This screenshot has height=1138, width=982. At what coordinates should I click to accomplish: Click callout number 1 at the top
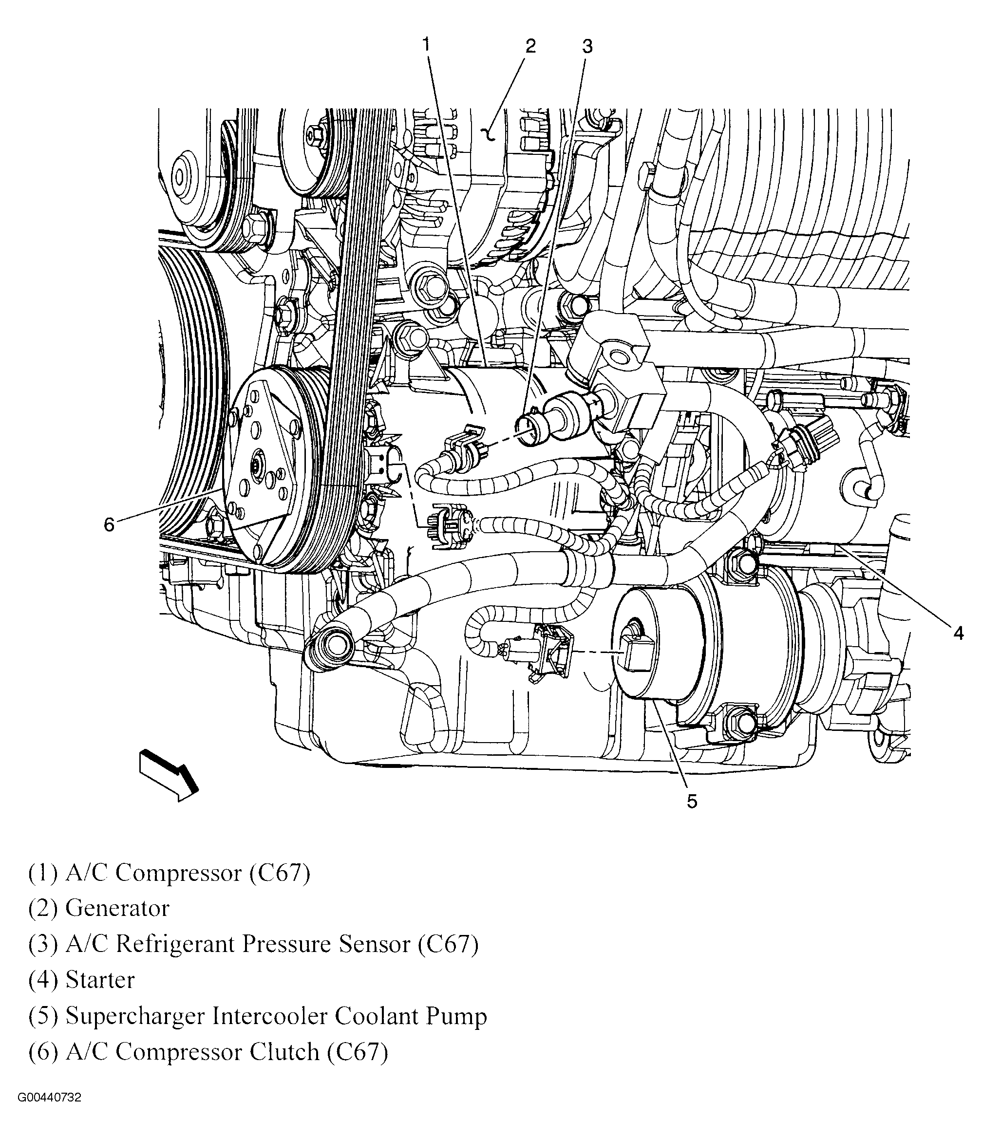click(426, 44)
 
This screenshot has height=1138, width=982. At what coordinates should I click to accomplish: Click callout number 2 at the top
click(530, 46)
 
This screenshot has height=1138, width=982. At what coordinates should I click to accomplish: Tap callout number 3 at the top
click(587, 47)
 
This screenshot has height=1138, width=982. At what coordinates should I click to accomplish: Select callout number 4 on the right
click(958, 633)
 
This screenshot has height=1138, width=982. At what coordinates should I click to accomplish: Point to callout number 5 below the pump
click(692, 802)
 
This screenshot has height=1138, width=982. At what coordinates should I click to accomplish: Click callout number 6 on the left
click(109, 525)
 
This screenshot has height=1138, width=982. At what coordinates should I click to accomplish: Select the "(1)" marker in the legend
click(42, 872)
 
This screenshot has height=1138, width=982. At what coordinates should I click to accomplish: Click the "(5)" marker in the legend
click(42, 1016)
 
